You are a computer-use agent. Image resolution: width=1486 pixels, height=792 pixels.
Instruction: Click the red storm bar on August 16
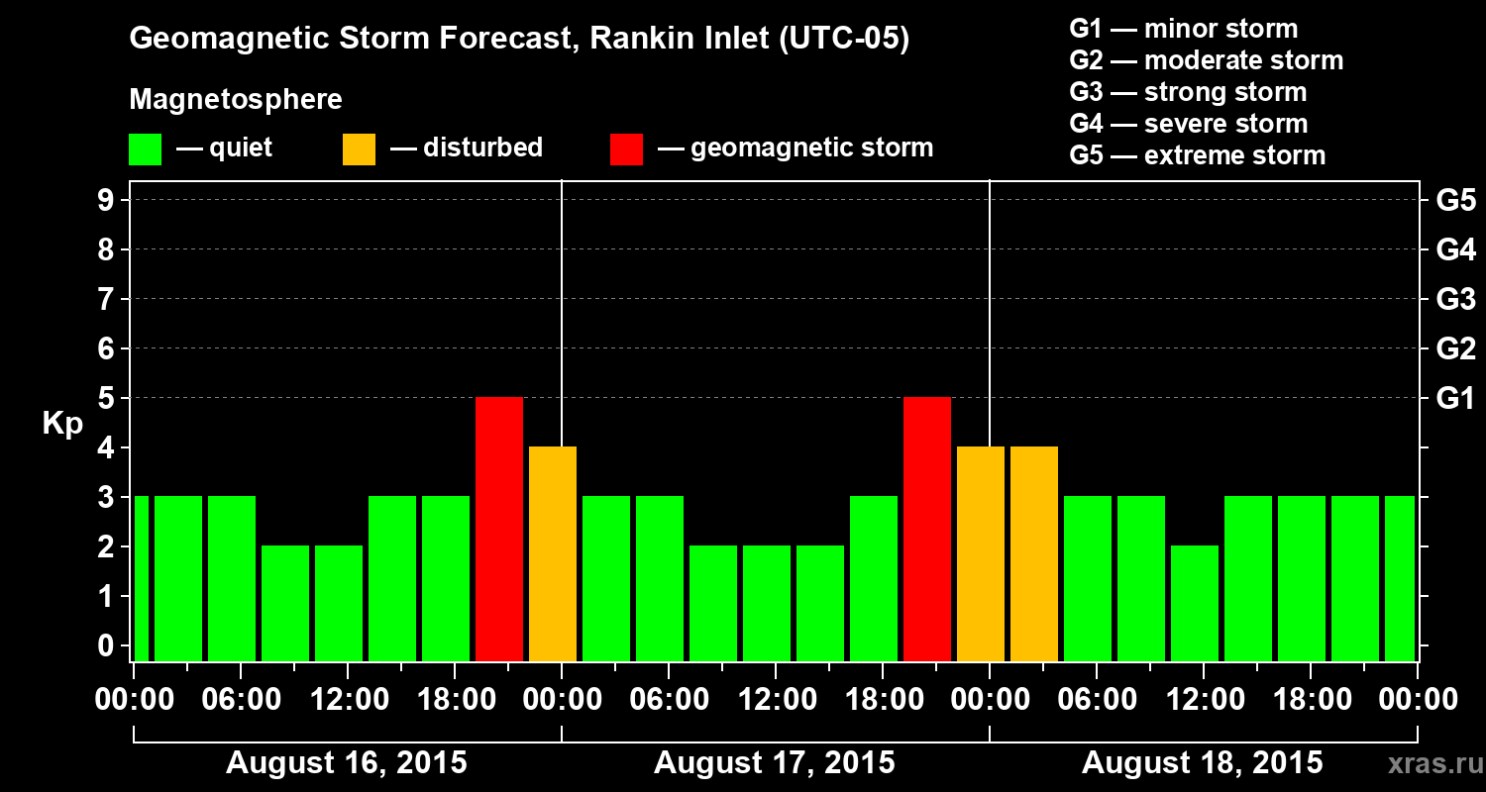[499, 529]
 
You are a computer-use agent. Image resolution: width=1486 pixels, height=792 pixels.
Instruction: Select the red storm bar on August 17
[927, 529]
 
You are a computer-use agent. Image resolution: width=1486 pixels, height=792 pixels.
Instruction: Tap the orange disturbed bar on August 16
[553, 553]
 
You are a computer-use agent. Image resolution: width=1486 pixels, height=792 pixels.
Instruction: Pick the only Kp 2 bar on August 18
[1195, 603]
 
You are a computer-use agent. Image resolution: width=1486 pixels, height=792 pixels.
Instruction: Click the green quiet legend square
[145, 149]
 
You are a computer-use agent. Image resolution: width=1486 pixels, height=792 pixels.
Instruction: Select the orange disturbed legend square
[359, 149]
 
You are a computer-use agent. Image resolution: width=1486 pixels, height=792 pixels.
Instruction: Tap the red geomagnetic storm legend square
[626, 149]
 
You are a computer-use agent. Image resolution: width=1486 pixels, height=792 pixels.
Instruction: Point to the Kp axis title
[62, 424]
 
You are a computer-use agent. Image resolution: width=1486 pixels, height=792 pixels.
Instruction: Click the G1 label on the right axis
[1455, 398]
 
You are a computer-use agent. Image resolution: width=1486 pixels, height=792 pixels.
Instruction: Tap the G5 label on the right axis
[1455, 200]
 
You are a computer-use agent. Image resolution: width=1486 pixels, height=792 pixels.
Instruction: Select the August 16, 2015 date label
[347, 763]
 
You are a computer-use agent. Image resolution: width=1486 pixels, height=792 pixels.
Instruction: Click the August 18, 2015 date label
[1202, 763]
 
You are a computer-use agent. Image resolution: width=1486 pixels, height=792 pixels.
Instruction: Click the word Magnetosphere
[236, 100]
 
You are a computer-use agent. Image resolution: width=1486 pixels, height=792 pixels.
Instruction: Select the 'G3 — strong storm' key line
[1188, 92]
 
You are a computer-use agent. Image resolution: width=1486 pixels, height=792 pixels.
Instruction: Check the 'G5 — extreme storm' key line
[1197, 155]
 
